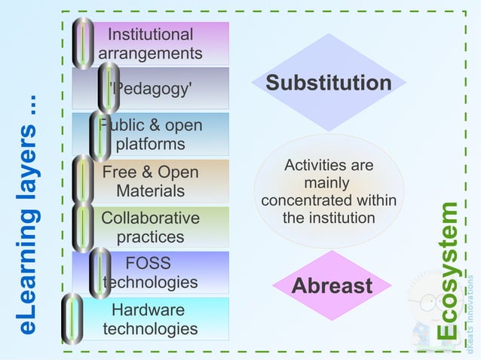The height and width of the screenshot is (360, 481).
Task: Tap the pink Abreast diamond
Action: [332, 286]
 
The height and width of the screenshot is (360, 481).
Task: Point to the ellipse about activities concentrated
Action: [329, 191]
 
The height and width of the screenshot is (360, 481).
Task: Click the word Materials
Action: [151, 191]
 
